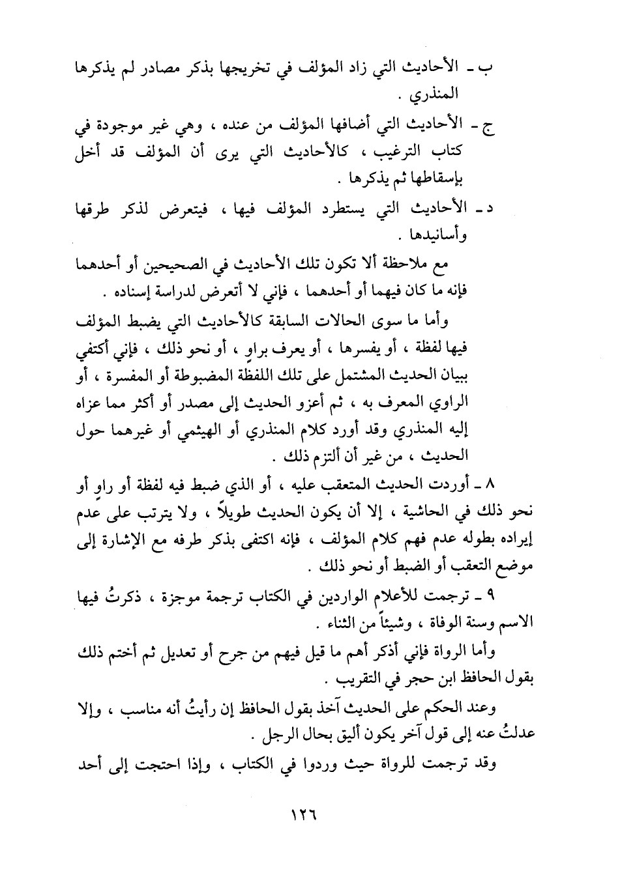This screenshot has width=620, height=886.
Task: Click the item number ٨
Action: (492, 486)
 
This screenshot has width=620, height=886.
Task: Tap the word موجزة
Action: (211, 597)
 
